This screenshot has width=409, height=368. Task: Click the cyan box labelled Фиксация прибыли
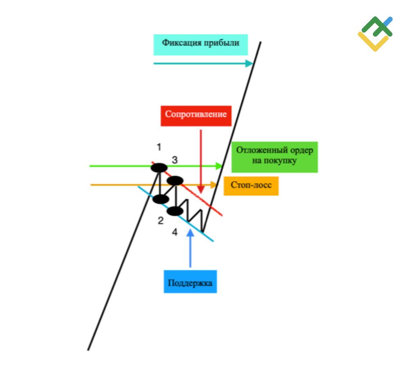200,45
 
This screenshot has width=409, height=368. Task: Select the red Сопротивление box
196,116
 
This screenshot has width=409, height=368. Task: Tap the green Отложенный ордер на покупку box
274,157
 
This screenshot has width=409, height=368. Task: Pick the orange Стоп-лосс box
251,186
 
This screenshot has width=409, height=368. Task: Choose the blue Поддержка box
190,282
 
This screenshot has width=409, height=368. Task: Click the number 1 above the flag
159,147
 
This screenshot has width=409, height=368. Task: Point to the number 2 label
161,221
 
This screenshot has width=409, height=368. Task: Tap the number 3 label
175,160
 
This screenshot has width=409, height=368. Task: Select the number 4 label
175,232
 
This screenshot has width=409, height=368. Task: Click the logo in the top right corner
375,34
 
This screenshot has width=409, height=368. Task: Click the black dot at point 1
159,168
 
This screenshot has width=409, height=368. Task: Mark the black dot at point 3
175,180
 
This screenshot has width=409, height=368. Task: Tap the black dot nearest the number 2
161,199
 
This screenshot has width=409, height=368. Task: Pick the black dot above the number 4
175,211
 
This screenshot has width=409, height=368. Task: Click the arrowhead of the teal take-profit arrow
249,63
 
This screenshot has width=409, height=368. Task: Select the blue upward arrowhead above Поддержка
191,233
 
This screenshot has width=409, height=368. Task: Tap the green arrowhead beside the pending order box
219,166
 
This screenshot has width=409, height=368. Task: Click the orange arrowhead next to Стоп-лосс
214,185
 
